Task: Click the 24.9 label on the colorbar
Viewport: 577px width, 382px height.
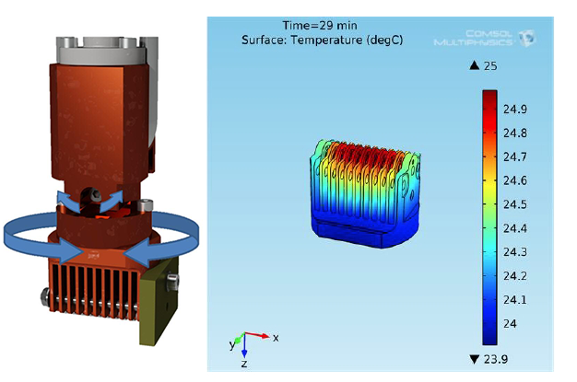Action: point(515,110)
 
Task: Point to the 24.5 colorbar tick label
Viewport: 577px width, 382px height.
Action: point(515,204)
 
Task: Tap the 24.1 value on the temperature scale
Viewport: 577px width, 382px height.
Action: point(515,300)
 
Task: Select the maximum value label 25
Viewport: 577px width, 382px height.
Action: point(490,66)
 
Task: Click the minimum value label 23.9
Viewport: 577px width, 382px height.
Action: point(496,359)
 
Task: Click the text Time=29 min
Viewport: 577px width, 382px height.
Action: point(320,26)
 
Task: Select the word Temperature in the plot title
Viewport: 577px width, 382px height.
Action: point(326,40)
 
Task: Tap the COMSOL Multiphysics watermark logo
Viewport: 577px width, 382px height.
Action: point(485,39)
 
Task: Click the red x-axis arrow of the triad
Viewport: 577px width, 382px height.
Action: point(257,335)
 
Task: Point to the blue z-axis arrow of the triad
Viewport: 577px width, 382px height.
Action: point(244,345)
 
